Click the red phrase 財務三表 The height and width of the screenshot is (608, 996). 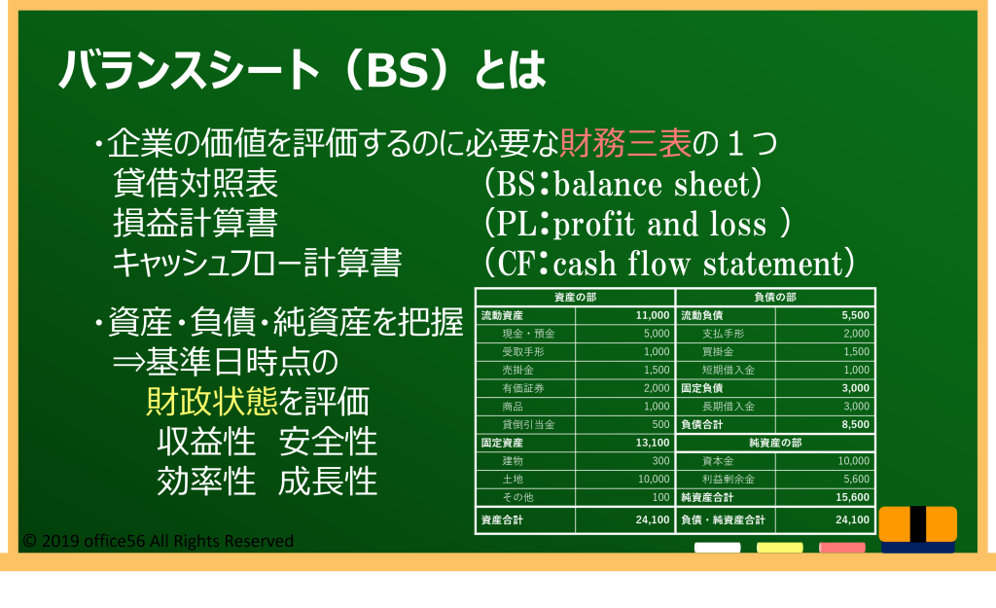coord(625,143)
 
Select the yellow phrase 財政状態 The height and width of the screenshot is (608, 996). coord(211,402)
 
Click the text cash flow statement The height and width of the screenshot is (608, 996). coord(697,264)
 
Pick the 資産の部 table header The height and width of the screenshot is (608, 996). coord(575,298)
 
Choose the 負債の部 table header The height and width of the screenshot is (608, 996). coord(775,298)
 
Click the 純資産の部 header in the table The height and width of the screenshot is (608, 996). coord(775,443)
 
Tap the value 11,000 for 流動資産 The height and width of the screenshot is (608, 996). coord(653,316)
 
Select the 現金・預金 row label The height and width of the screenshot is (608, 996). coord(528,334)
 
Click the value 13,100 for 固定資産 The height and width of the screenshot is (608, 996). coord(653,443)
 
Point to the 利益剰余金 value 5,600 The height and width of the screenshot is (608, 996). coord(856,479)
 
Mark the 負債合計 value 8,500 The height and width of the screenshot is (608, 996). coord(856,424)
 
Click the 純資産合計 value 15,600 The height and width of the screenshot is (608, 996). coord(852,497)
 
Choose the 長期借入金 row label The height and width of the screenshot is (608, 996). coord(728,407)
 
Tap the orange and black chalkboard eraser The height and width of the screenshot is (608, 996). coord(918,528)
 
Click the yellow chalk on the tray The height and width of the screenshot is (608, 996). coord(779,548)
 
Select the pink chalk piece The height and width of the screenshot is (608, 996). coord(841,548)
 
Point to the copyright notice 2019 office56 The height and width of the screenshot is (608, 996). coord(159,541)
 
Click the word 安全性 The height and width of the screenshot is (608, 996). coord(328,442)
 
